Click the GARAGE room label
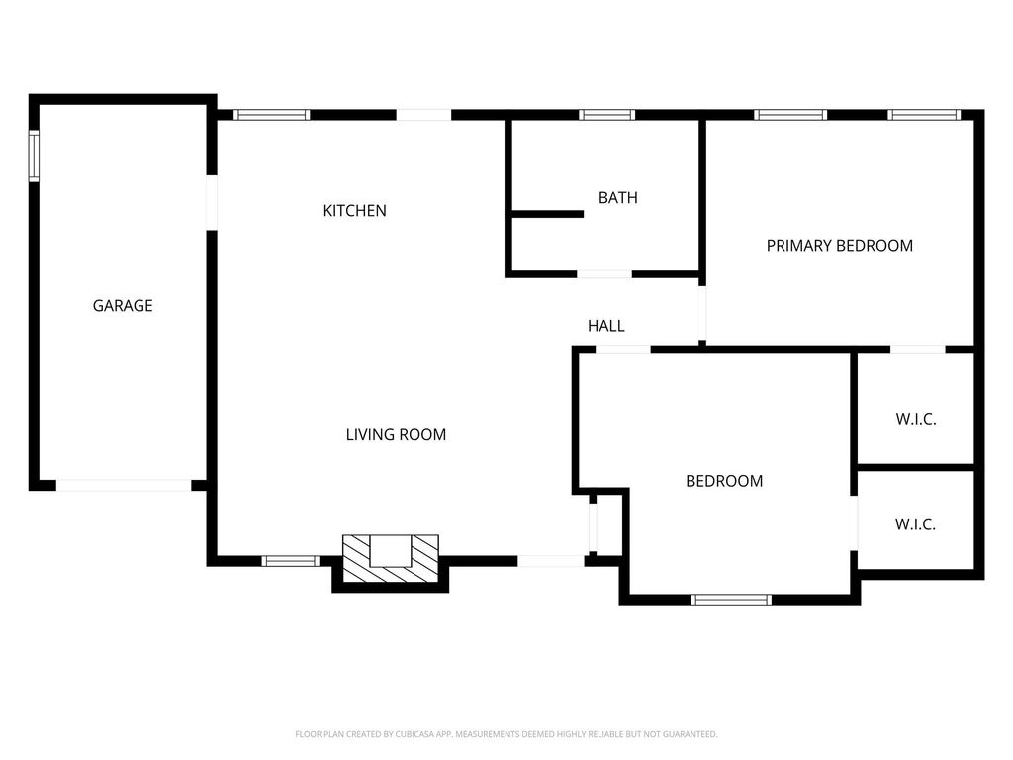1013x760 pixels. pos(123,305)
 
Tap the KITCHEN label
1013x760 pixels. pos(355,210)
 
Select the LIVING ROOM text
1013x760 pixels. pos(396,435)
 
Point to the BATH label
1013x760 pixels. pos(618,197)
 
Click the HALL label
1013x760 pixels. pos(606,325)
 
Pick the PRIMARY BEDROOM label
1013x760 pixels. pos(840,246)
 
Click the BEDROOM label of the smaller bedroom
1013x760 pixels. pos(724,481)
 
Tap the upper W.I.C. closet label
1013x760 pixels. pos(916,419)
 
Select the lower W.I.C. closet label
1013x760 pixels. pos(915,524)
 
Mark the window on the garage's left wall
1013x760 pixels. pos(34,155)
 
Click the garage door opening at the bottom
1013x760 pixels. pos(124,485)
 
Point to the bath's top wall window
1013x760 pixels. pos(606,115)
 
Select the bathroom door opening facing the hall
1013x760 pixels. pos(604,274)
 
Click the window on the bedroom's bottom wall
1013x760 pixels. pos(731,600)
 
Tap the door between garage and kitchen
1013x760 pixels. pos(212,202)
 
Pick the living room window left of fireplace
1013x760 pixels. pos(290,561)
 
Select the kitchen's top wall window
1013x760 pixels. pos(271,115)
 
